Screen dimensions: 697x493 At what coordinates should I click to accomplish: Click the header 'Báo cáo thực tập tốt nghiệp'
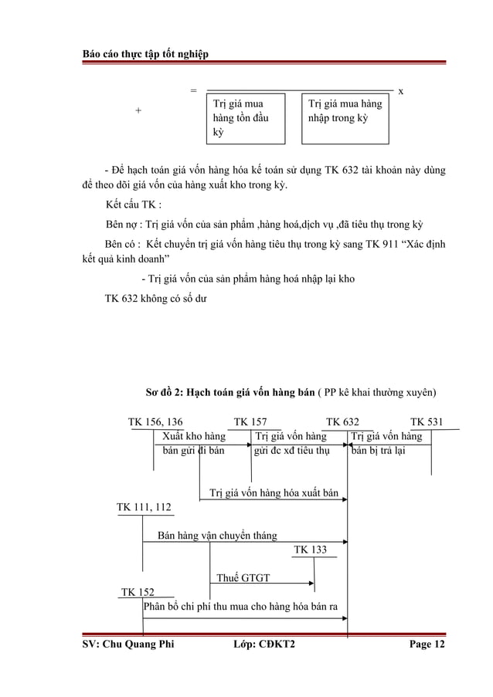tap(145, 52)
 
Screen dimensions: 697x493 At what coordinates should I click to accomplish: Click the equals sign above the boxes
tap(193, 90)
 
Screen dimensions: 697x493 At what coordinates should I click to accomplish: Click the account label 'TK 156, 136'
tap(155, 422)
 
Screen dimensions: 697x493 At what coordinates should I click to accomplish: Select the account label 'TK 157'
tap(250, 422)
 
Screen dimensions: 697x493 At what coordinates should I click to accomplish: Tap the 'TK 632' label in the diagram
tap(342, 422)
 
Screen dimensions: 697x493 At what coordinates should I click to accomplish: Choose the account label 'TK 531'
tap(427, 422)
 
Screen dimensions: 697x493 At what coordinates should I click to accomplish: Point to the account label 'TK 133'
tap(311, 550)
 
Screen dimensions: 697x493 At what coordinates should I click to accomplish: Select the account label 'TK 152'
tap(138, 592)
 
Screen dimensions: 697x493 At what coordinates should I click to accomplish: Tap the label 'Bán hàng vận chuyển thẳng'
tap(217, 535)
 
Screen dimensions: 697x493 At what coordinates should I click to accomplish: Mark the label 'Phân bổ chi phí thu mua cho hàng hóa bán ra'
tap(241, 606)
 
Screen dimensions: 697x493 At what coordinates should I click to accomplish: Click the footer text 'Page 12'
tap(427, 646)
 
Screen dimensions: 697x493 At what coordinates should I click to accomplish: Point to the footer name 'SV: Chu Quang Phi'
tap(128, 646)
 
